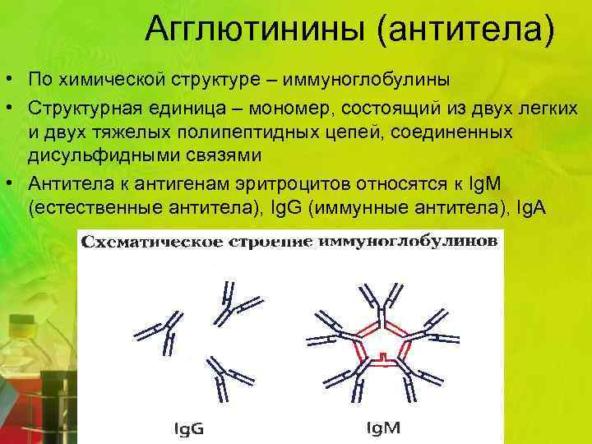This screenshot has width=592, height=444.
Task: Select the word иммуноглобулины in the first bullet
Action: (x=368, y=81)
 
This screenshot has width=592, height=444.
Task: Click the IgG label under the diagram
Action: (x=190, y=428)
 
